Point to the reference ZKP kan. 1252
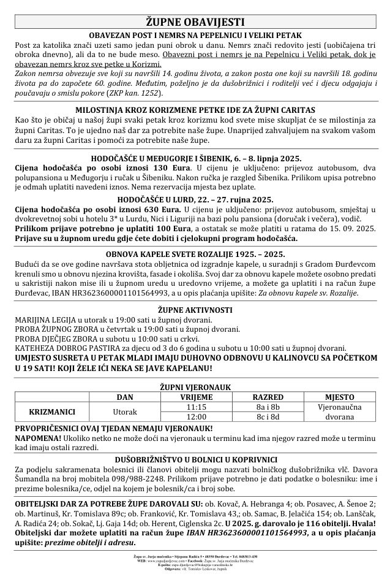(138, 93)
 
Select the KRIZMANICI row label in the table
(52, 410)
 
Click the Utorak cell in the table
(125, 410)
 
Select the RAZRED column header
(268, 396)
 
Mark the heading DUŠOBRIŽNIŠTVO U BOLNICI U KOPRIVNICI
(195, 459)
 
